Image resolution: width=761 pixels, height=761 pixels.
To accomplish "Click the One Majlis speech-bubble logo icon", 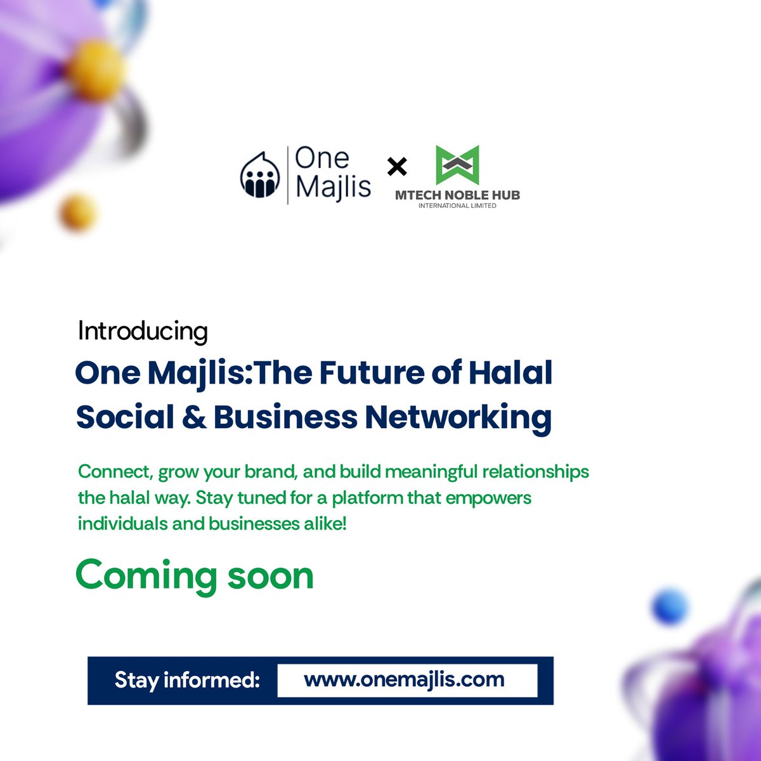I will pyautogui.click(x=260, y=174).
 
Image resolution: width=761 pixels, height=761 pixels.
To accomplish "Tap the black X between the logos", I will pyautogui.click(x=397, y=167).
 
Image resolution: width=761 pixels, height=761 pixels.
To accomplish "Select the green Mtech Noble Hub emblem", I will pyautogui.click(x=457, y=166).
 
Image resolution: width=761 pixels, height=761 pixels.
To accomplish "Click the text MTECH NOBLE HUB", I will pyautogui.click(x=457, y=195).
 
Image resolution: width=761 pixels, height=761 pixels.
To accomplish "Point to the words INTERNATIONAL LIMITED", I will pyautogui.click(x=457, y=205).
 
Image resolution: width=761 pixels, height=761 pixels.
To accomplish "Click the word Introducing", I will pyautogui.click(x=143, y=332).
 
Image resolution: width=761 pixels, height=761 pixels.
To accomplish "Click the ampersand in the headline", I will pyautogui.click(x=194, y=417).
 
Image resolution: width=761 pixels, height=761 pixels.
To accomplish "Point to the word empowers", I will pyautogui.click(x=489, y=498).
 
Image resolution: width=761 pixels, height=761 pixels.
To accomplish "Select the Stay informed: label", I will pyautogui.click(x=187, y=680).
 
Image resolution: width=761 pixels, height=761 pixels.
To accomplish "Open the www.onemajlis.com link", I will pyautogui.click(x=405, y=680).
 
